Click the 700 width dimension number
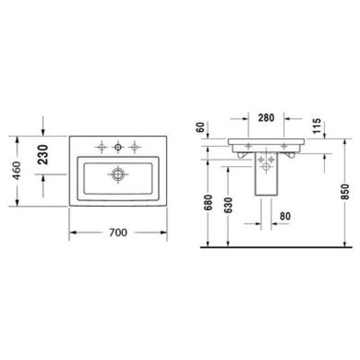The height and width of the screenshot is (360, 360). [x=118, y=233]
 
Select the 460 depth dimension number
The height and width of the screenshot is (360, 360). [x=16, y=171]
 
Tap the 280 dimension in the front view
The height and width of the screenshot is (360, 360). [x=266, y=118]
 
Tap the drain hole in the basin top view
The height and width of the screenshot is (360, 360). [x=118, y=174]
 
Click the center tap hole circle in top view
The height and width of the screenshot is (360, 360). [x=118, y=148]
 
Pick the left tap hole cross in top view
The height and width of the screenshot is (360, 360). [x=102, y=148]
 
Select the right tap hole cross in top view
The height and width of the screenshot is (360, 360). [x=135, y=148]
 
